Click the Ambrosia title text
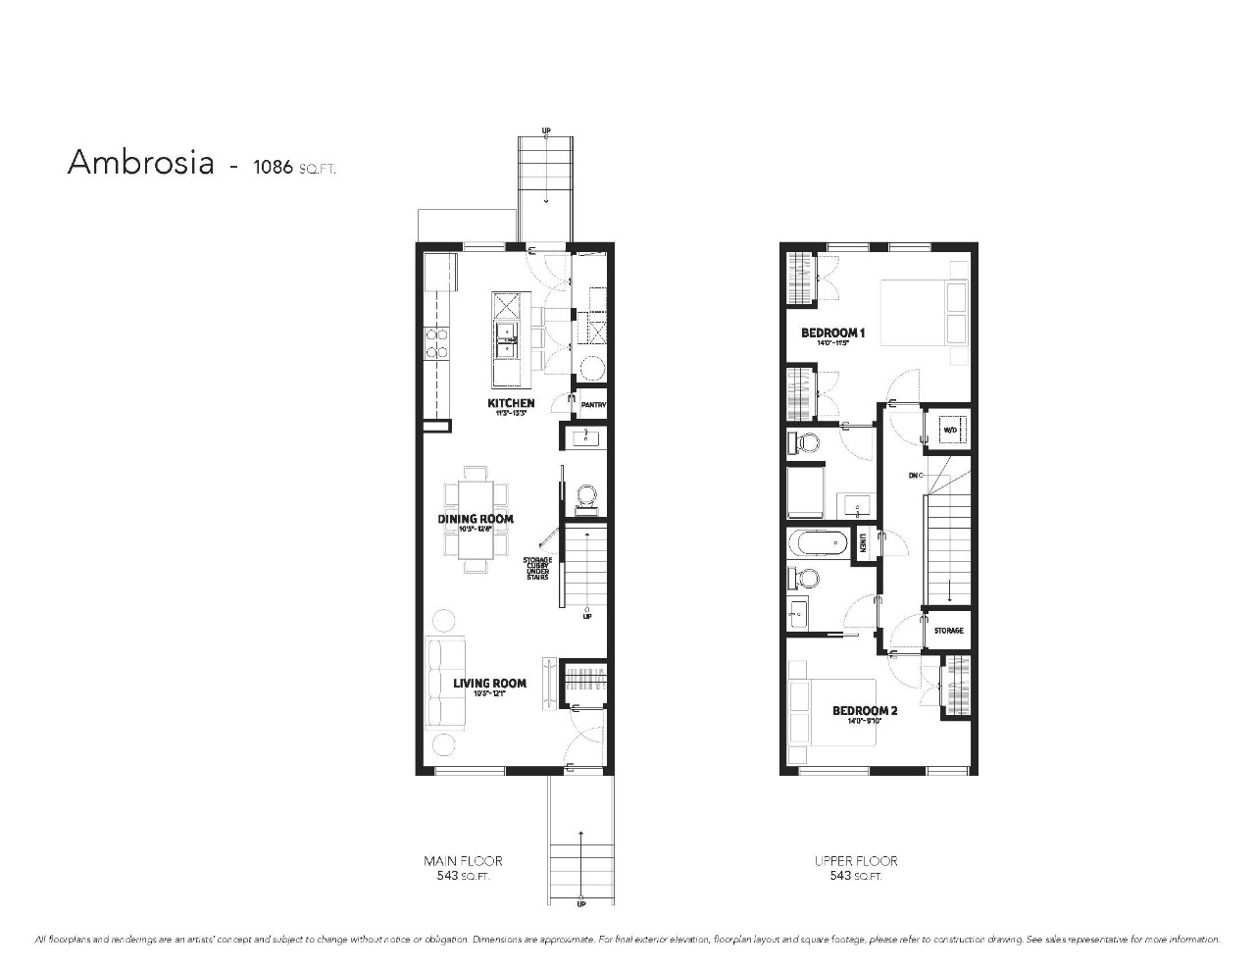pyautogui.click(x=140, y=163)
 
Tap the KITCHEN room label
pyautogui.click(x=511, y=403)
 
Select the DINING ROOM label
pyautogui.click(x=476, y=519)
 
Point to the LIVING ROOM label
pyautogui.click(x=489, y=684)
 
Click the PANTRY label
pyautogui.click(x=594, y=404)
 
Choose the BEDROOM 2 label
pyautogui.click(x=865, y=711)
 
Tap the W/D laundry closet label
pyautogui.click(x=949, y=431)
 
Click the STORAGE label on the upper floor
pyautogui.click(x=948, y=631)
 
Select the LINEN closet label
pyautogui.click(x=864, y=542)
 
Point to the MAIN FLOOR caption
pyautogui.click(x=463, y=861)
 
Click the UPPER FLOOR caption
pyautogui.click(x=855, y=861)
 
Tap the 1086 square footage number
pyautogui.click(x=273, y=166)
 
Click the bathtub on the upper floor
pyautogui.click(x=822, y=542)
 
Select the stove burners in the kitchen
pyautogui.click(x=436, y=342)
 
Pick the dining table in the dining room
pyautogui.click(x=477, y=519)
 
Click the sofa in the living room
pyautogui.click(x=445, y=684)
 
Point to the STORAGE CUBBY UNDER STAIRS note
pyautogui.click(x=537, y=569)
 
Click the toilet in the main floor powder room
pyautogui.click(x=586, y=497)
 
